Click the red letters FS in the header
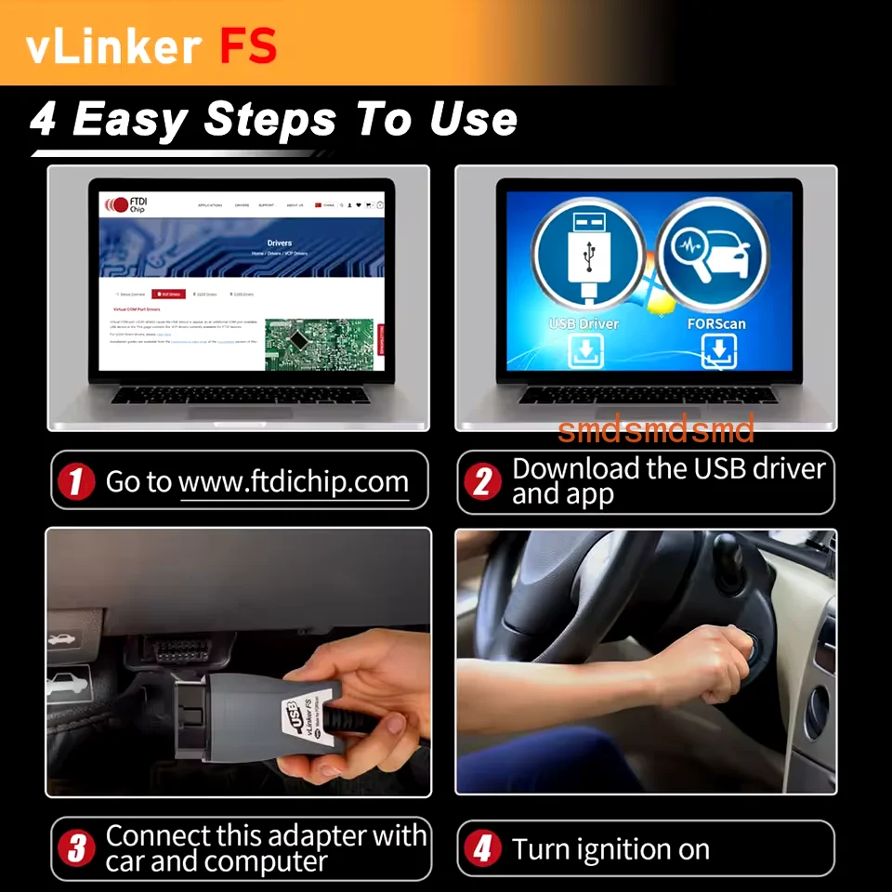tap(248, 46)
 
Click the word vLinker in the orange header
tap(114, 46)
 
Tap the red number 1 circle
tap(77, 481)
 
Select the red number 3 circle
tap(77, 847)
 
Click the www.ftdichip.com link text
tap(294, 482)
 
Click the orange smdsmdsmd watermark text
tap(656, 429)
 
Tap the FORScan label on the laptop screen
tap(716, 324)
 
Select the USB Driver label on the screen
tap(584, 324)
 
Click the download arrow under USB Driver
tap(585, 352)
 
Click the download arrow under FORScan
tap(718, 352)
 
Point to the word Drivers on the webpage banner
tap(279, 243)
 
